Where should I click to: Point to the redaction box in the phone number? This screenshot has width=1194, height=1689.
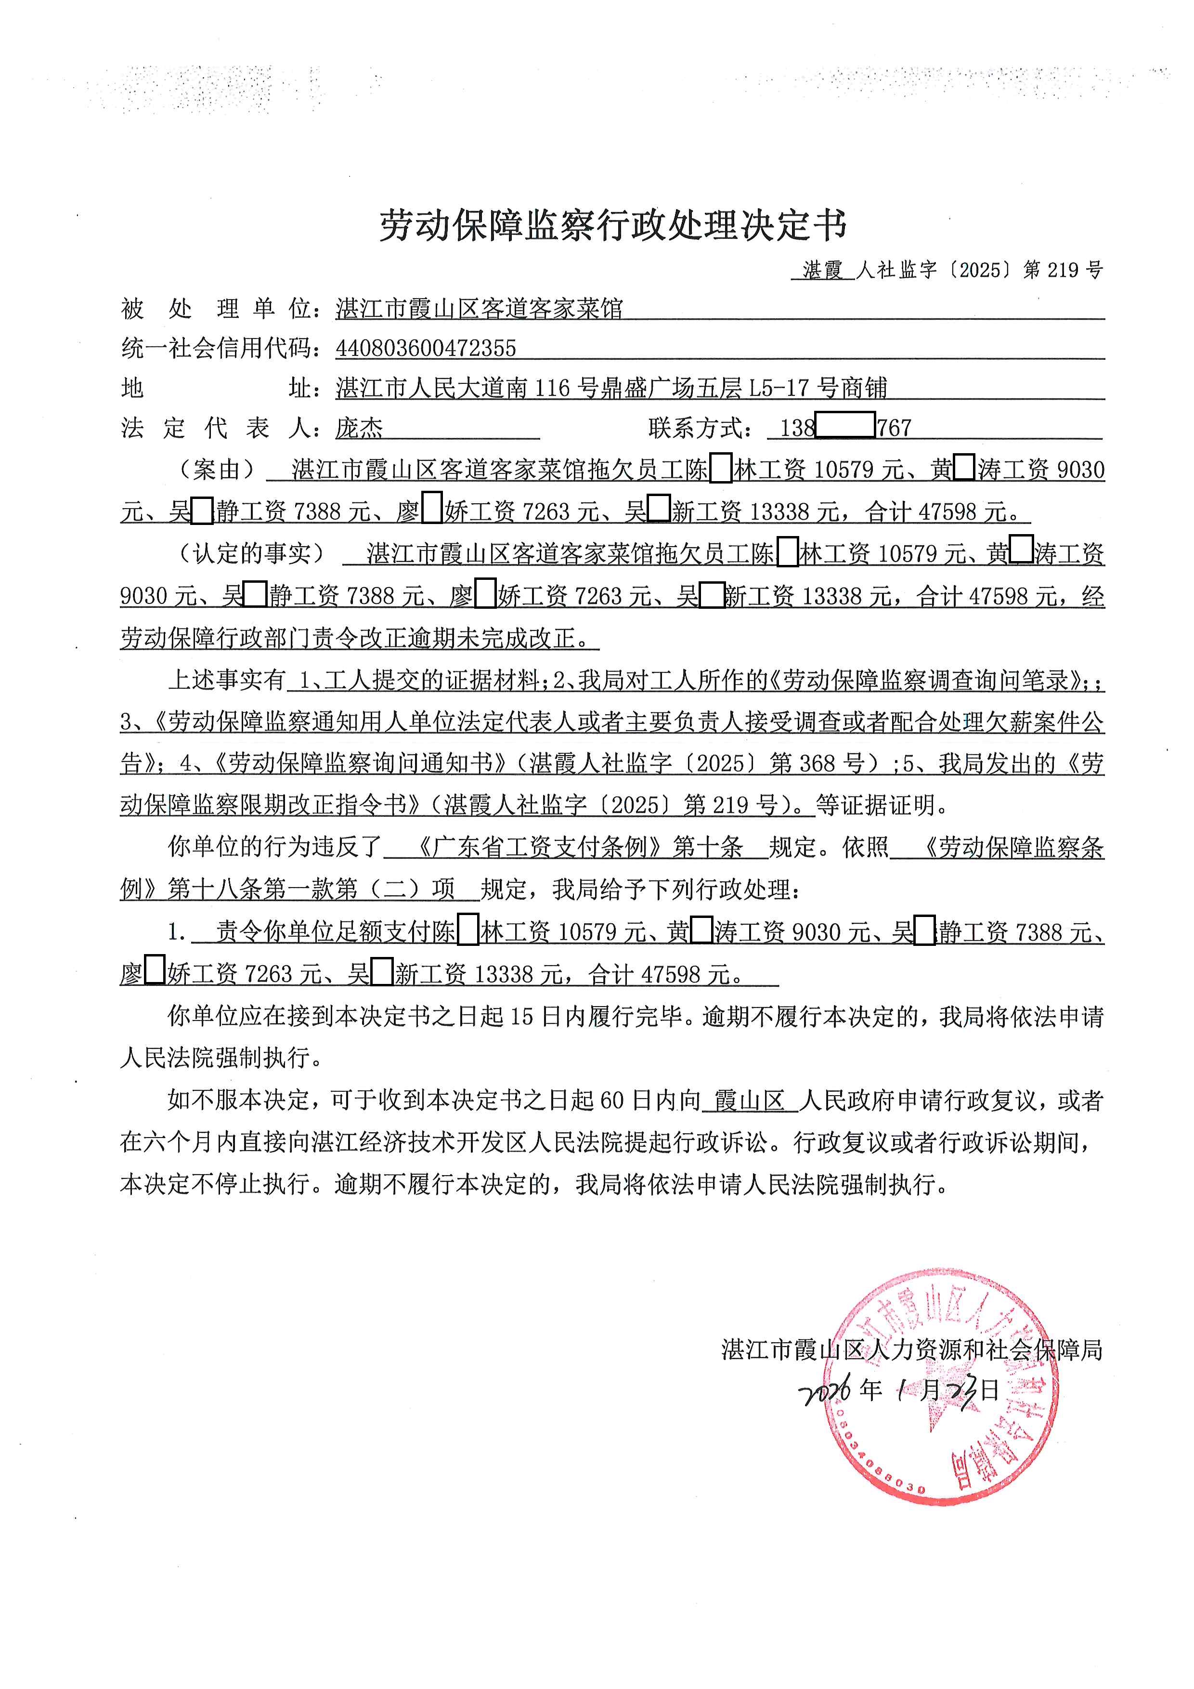tap(845, 426)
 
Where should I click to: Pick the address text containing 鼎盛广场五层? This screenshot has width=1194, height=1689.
tap(612, 388)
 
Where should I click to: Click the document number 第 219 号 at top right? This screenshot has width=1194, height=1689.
tap(1063, 270)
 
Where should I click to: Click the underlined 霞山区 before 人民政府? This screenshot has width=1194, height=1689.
tap(750, 1101)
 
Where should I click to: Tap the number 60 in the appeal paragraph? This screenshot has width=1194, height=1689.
tap(612, 1101)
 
